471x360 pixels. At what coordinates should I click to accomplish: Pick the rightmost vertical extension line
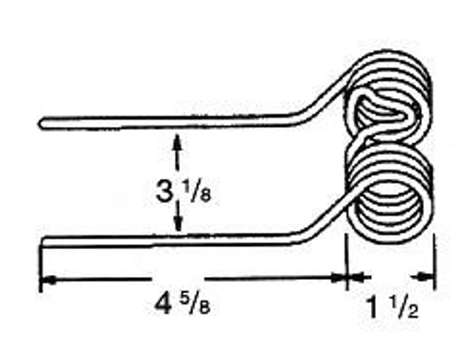(435, 264)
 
